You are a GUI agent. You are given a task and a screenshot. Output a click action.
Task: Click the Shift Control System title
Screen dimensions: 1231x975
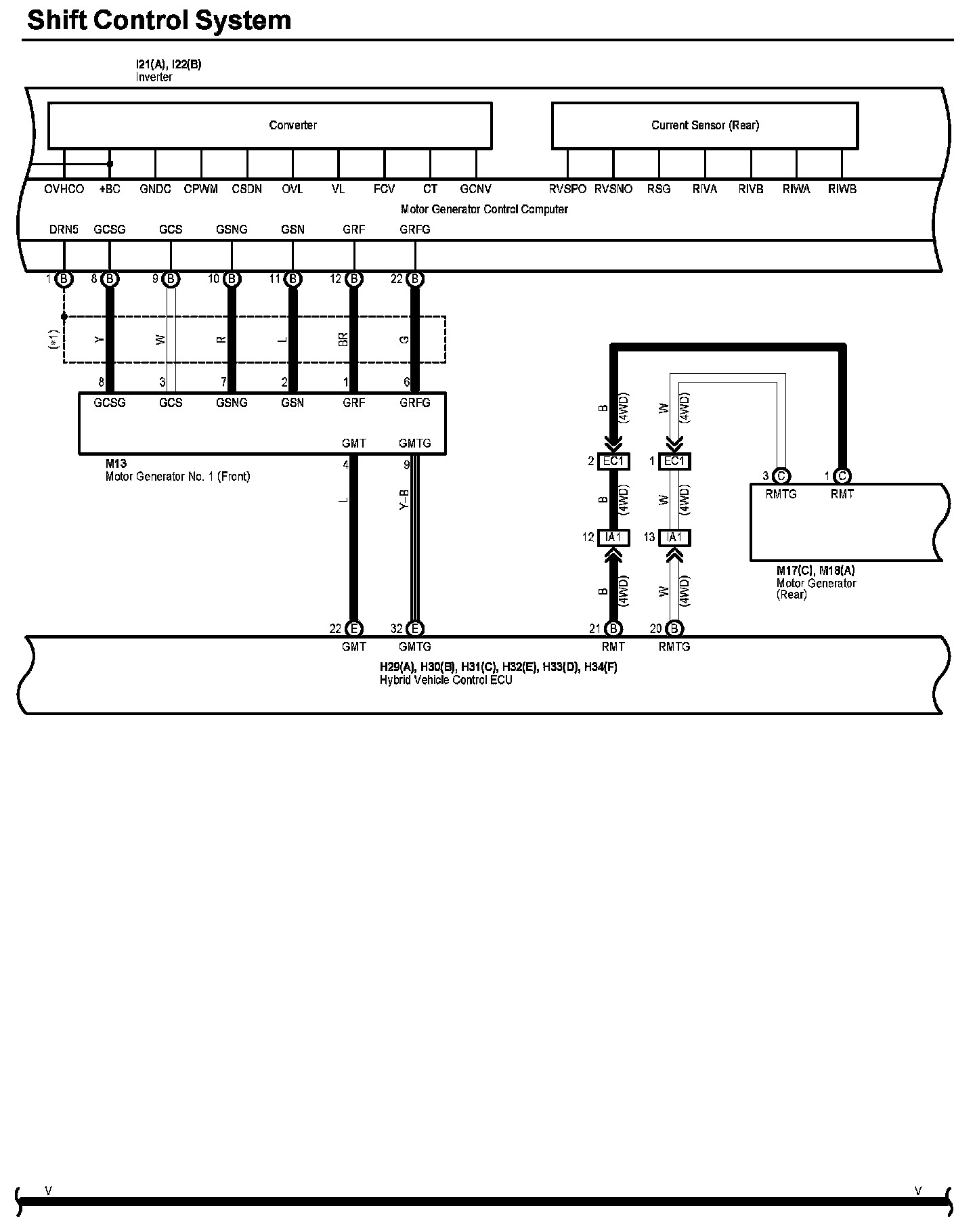(x=159, y=20)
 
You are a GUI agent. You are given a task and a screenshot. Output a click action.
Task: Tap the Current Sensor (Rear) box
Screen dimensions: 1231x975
(x=705, y=125)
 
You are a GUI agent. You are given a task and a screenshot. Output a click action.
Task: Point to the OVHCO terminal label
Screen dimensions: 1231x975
(x=64, y=190)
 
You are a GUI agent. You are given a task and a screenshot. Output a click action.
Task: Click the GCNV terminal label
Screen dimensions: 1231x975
(x=475, y=190)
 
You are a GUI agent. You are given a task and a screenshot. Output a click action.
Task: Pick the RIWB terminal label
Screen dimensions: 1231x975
(x=842, y=190)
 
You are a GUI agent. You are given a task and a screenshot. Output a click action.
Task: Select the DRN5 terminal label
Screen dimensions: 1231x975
(x=64, y=230)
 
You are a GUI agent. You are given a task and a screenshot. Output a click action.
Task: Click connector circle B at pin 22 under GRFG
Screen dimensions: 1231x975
(x=416, y=279)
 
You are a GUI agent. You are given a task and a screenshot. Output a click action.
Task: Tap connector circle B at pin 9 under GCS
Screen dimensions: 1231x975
(x=171, y=279)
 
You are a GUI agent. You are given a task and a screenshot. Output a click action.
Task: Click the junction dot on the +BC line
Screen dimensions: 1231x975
(x=110, y=164)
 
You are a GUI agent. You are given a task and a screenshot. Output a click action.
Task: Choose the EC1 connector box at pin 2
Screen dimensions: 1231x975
(x=613, y=462)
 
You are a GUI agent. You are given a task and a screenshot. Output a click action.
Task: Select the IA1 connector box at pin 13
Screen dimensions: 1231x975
(x=674, y=538)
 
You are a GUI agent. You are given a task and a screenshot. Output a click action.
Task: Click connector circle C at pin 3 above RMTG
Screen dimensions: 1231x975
(x=781, y=476)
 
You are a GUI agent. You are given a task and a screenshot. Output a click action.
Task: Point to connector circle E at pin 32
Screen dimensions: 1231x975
(x=416, y=629)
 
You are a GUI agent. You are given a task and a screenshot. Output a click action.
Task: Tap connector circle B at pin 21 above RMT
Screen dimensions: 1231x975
(x=613, y=629)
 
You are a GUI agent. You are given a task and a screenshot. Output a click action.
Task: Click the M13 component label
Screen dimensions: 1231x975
(x=116, y=464)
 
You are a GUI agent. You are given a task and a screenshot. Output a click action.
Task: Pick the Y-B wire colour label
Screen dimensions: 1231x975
(x=404, y=500)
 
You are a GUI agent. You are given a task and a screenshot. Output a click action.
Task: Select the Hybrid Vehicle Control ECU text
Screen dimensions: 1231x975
(x=446, y=681)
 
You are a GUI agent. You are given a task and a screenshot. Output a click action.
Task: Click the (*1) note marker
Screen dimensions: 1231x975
(x=54, y=339)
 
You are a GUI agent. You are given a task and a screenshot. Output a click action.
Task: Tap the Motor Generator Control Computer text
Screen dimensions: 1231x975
(x=484, y=209)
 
